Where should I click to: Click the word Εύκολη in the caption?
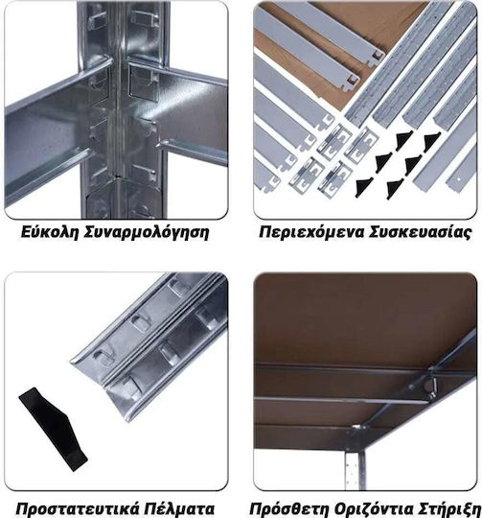coord(50,232)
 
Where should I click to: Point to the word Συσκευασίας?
coord(420,233)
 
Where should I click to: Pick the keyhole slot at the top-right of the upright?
coord(143,17)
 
